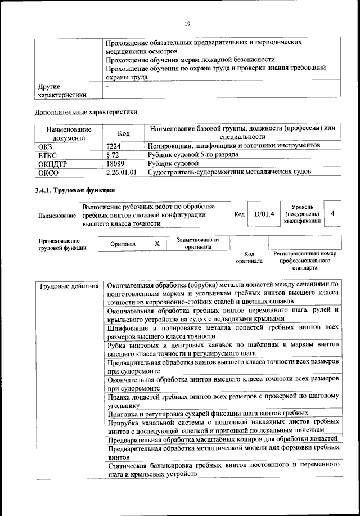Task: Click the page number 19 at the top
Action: click(x=187, y=23)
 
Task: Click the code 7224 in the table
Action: click(x=114, y=146)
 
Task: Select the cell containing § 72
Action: click(x=112, y=154)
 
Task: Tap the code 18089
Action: click(x=115, y=163)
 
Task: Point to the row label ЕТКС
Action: click(x=47, y=154)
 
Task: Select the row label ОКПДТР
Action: click(x=52, y=163)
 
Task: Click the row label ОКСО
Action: click(x=47, y=172)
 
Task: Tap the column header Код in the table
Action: click(x=124, y=133)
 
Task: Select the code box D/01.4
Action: click(x=264, y=214)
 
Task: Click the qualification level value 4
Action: click(x=333, y=214)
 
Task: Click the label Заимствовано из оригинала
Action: click(x=198, y=243)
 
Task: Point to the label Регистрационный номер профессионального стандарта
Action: click(x=304, y=261)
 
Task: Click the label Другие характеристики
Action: click(x=62, y=91)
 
